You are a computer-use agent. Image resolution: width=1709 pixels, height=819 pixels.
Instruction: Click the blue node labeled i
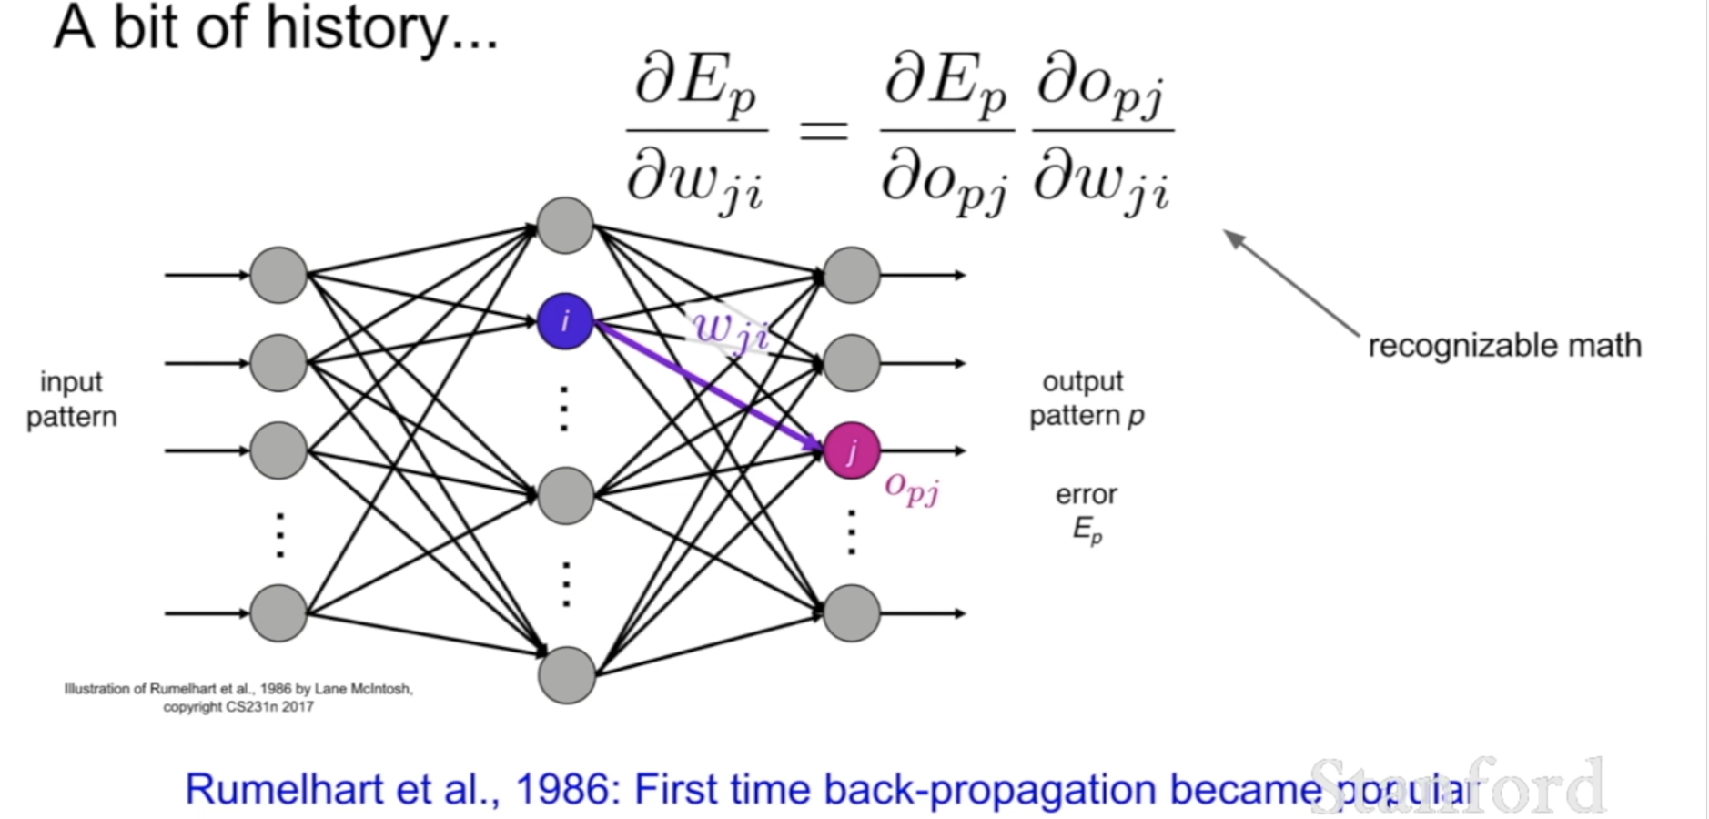pos(565,321)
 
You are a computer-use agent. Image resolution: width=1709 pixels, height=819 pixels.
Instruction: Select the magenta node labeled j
pos(852,450)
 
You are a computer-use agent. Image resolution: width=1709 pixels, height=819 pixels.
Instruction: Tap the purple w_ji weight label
pos(730,331)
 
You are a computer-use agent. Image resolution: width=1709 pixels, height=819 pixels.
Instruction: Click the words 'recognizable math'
pos(1504,346)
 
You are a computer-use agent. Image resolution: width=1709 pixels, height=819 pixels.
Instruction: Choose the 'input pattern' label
pos(71,399)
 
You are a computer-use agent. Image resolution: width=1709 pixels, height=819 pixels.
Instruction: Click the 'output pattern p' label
pos(1086,398)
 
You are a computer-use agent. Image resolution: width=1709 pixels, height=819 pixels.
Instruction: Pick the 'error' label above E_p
pos(1086,494)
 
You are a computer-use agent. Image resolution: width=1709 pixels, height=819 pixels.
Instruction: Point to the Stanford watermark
pos(1456,784)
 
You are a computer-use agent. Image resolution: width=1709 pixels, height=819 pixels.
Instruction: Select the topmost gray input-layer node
pos(278,275)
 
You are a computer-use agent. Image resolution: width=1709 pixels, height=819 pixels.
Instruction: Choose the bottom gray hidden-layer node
pos(566,675)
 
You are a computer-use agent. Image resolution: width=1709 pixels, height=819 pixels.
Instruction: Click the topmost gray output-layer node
pos(852,275)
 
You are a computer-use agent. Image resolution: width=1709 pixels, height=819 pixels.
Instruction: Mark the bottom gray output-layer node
pos(852,613)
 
